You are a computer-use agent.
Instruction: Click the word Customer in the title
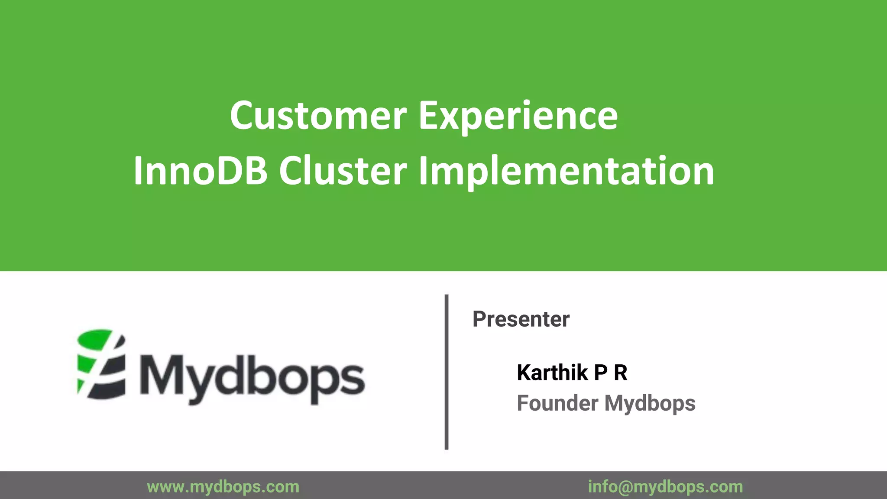pyautogui.click(x=318, y=116)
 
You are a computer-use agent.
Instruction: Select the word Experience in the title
pyautogui.click(x=518, y=116)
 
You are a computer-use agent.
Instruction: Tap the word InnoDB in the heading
pyautogui.click(x=201, y=171)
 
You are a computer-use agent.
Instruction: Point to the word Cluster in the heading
pyautogui.click(x=343, y=171)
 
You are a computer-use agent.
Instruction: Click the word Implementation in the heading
pyautogui.click(x=566, y=171)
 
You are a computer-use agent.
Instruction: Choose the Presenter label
pyautogui.click(x=521, y=319)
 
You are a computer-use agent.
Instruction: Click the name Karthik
pyautogui.click(x=552, y=373)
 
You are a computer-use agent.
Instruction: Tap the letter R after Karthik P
pyautogui.click(x=621, y=373)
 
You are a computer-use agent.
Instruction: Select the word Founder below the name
pyautogui.click(x=557, y=403)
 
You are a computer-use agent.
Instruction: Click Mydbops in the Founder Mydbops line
pyautogui.click(x=650, y=403)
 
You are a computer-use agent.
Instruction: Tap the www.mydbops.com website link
pyautogui.click(x=223, y=487)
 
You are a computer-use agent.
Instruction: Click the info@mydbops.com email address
pyautogui.click(x=665, y=487)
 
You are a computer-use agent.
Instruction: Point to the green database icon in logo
pyautogui.click(x=101, y=364)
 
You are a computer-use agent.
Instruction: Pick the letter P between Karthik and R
pyautogui.click(x=600, y=373)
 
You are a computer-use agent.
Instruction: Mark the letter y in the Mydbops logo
pyautogui.click(x=197, y=383)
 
